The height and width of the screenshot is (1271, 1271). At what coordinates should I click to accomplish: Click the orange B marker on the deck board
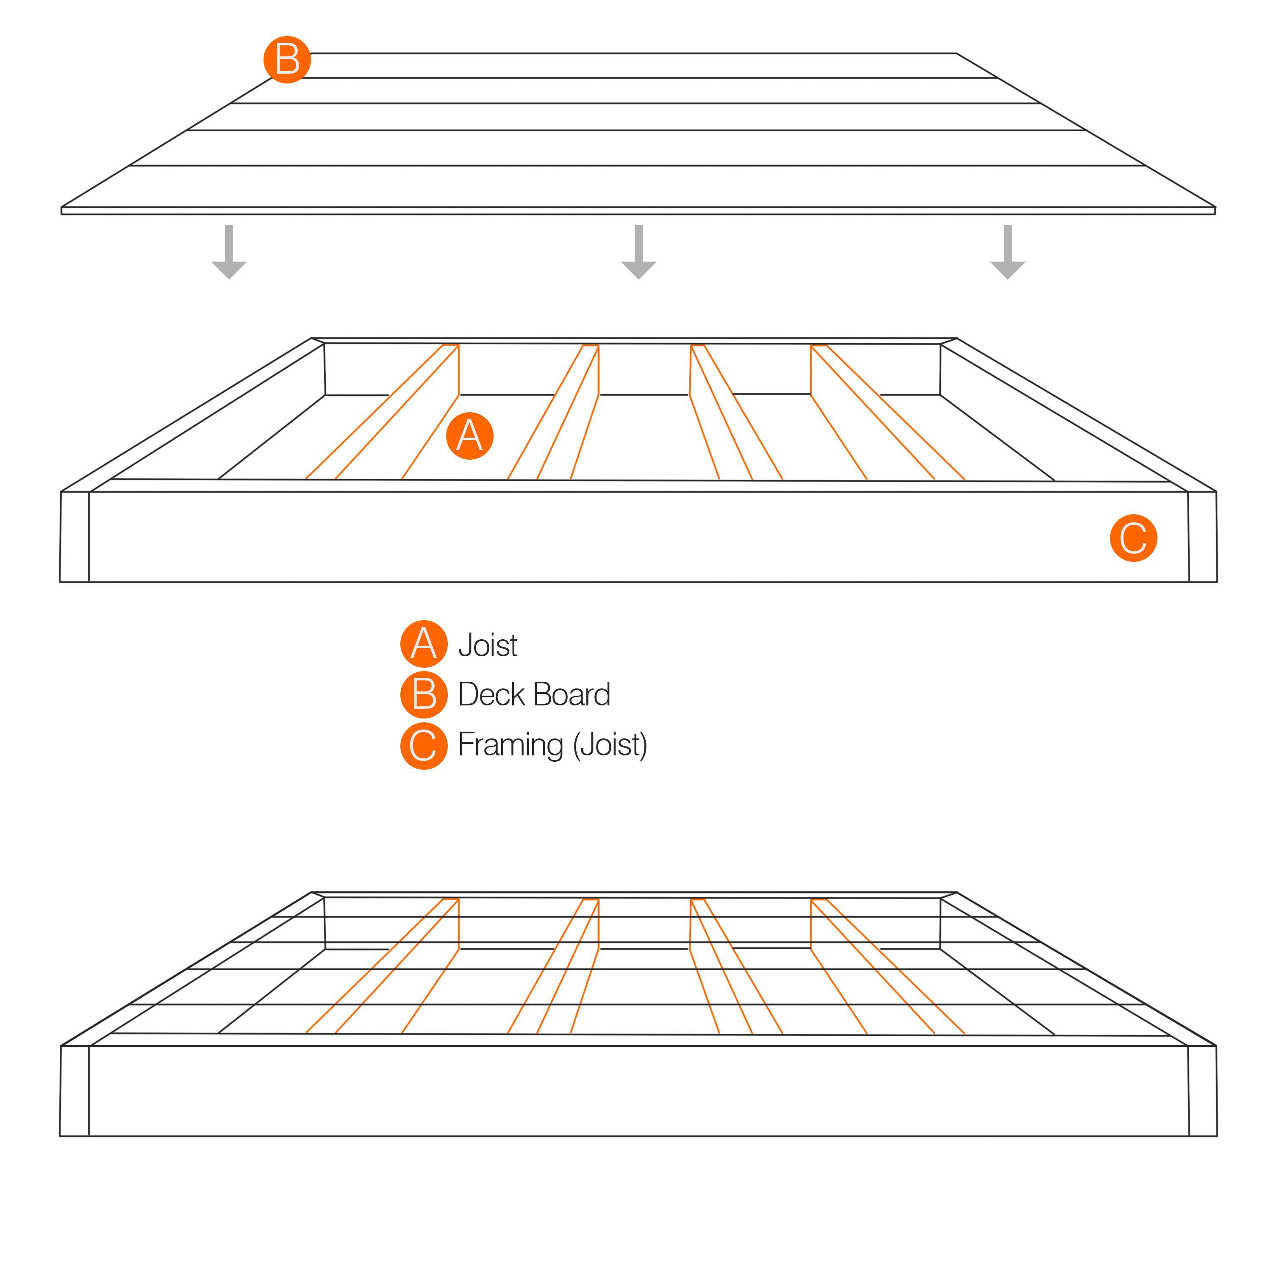(x=287, y=60)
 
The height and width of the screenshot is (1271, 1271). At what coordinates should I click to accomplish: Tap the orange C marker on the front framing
(x=1133, y=538)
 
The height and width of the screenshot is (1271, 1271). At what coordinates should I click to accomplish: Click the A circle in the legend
(x=424, y=644)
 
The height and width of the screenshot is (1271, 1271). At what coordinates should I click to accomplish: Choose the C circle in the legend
(x=424, y=745)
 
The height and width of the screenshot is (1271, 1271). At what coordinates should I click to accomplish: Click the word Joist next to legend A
(x=488, y=645)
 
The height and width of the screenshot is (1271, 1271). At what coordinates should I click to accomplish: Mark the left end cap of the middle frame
(x=74, y=536)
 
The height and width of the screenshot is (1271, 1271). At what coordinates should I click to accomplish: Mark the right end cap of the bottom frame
(x=1203, y=1090)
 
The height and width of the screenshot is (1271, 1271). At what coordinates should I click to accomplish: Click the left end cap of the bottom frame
(x=74, y=1090)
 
